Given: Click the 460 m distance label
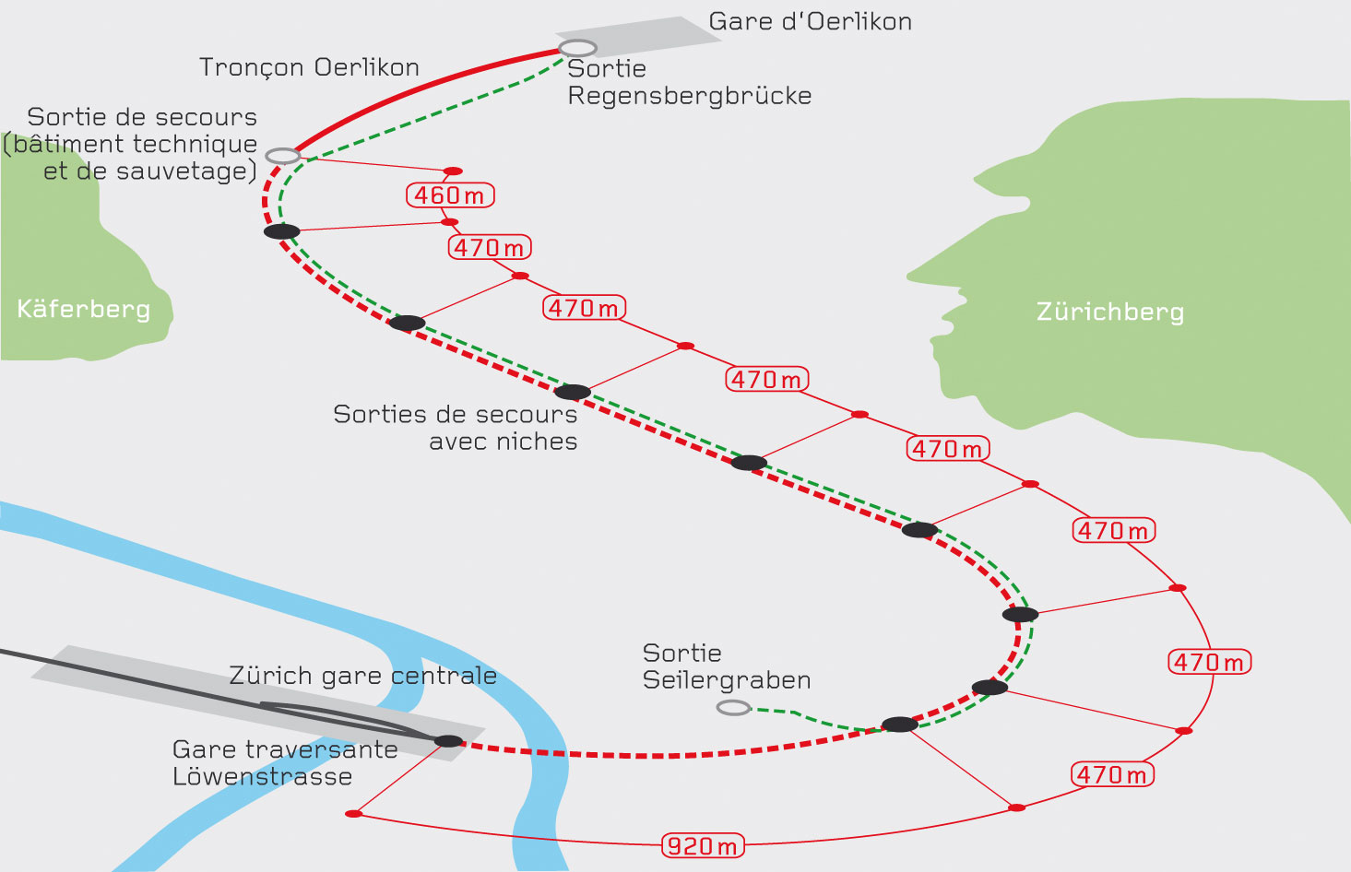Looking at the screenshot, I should pyautogui.click(x=450, y=195).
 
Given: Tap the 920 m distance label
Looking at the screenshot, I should pyautogui.click(x=703, y=845).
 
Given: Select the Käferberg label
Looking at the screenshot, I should pyautogui.click(x=84, y=308).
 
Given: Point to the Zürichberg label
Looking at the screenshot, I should pyautogui.click(x=1110, y=312).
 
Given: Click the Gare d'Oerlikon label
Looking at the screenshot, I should pyautogui.click(x=810, y=22).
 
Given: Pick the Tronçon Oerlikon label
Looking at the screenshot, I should pyautogui.click(x=309, y=67).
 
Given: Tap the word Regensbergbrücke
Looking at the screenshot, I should pyautogui.click(x=689, y=96).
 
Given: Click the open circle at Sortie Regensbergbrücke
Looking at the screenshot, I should pyautogui.click(x=577, y=48).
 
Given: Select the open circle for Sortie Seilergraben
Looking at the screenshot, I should pyautogui.click(x=734, y=708).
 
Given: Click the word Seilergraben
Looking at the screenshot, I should pyautogui.click(x=727, y=680).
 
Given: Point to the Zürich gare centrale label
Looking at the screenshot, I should pyautogui.click(x=362, y=676).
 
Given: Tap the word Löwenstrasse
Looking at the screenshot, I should pyautogui.click(x=262, y=776).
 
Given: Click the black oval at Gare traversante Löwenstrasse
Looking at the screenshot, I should pyautogui.click(x=449, y=741).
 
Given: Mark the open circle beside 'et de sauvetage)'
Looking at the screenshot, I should pyautogui.click(x=283, y=156).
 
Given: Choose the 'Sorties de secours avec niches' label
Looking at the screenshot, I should pyautogui.click(x=456, y=428).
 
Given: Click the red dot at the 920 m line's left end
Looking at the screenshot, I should pyautogui.click(x=353, y=814).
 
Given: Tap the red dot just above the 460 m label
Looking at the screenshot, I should pyautogui.click(x=453, y=171).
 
